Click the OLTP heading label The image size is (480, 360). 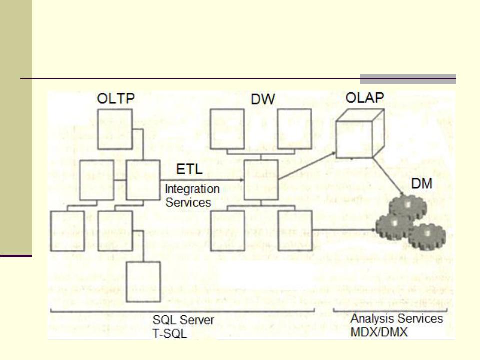click(x=115, y=98)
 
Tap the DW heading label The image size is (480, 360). click(x=263, y=99)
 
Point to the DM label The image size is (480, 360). click(x=421, y=185)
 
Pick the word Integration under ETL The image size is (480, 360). click(x=192, y=190)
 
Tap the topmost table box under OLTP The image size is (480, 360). click(x=114, y=129)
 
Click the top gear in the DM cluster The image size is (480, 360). click(x=408, y=205)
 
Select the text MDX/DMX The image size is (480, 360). click(x=380, y=331)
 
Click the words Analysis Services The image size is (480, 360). click(x=397, y=318)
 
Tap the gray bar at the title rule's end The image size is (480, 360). click(x=408, y=79)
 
